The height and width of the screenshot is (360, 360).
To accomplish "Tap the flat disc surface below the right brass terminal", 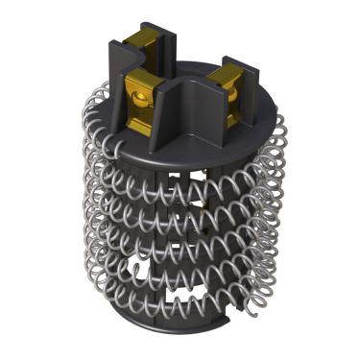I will [x=240, y=120].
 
